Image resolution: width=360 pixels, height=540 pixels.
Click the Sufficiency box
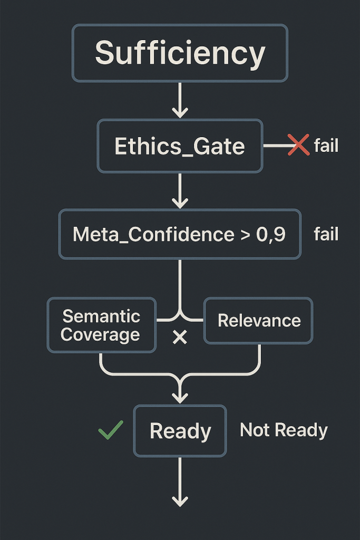[180, 53]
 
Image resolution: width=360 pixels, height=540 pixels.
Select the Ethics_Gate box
[180, 146]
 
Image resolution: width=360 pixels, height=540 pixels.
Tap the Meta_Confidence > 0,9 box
[180, 234]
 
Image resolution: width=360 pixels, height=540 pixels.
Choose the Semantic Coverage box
[101, 325]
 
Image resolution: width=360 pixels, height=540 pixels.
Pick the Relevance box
[258, 321]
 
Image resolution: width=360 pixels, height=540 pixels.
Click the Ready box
[180, 431]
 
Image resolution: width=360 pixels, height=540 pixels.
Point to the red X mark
[298, 145]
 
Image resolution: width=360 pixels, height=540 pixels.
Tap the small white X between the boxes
[180, 337]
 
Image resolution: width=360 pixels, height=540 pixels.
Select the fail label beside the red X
[326, 145]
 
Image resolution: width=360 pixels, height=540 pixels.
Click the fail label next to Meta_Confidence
[326, 234]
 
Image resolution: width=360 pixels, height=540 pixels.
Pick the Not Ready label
[284, 430]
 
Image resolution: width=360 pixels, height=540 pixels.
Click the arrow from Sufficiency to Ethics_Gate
[180, 101]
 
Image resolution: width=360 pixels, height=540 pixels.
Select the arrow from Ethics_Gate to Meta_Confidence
[180, 191]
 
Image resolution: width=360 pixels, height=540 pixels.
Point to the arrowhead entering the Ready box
[180, 396]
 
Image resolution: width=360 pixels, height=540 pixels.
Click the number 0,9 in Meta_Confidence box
[271, 234]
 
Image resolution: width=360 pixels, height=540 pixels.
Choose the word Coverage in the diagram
[100, 335]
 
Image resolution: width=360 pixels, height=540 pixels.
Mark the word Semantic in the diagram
[101, 316]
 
